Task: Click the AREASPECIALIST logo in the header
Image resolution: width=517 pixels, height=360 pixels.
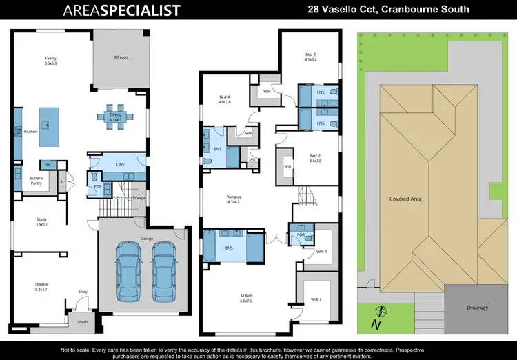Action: coord(121,10)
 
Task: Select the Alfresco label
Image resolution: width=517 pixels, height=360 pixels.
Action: coord(121,57)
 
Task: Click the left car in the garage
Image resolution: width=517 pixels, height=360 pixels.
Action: coord(129,267)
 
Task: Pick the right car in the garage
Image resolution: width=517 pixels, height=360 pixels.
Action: coord(162,267)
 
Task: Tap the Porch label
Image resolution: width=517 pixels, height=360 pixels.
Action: coord(82,321)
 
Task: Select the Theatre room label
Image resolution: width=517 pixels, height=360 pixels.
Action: coord(41,286)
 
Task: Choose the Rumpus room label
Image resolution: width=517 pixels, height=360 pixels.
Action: coord(234,198)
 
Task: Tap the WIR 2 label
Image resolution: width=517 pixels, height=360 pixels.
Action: coord(316,299)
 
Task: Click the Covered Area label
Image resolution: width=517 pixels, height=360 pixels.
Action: coord(405,199)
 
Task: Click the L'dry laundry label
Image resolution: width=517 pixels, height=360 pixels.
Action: coord(121,163)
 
